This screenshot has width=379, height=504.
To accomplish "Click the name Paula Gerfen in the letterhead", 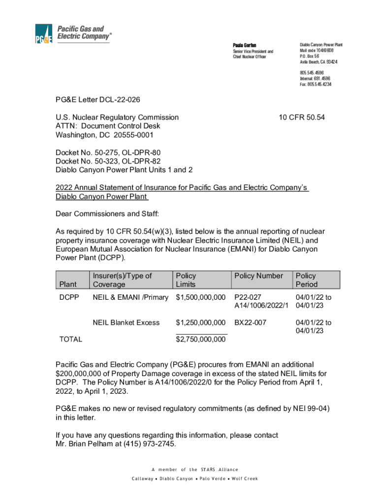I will [245, 45].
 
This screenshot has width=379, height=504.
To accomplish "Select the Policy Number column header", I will [258, 276].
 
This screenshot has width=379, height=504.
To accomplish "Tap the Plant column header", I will [68, 284].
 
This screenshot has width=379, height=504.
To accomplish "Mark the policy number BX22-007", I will [251, 322].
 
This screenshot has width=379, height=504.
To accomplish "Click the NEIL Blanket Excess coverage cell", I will [126, 322].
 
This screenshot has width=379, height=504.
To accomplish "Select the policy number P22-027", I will [248, 297].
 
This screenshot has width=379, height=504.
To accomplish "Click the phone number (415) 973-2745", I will [151, 443].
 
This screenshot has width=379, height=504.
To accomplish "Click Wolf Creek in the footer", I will [245, 478].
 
